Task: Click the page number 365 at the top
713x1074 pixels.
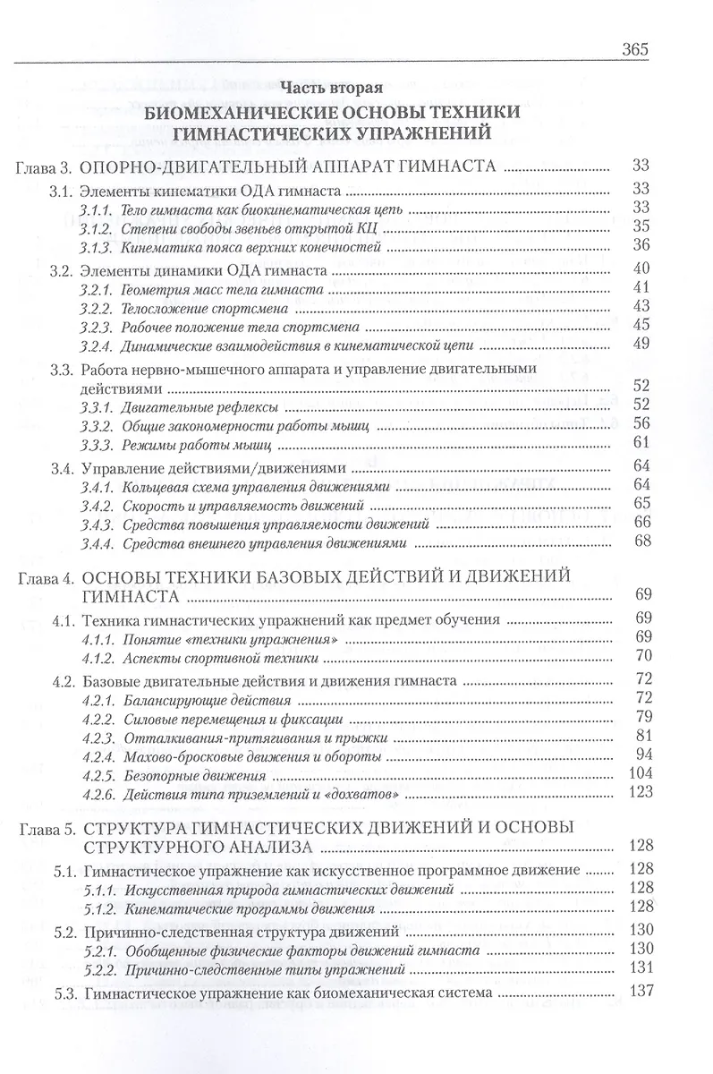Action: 632,48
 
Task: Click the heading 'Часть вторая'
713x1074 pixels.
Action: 332,88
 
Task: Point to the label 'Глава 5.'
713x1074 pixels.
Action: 41,828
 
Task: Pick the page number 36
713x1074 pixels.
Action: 640,245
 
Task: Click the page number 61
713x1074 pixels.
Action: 640,444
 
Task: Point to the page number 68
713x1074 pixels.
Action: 640,542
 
